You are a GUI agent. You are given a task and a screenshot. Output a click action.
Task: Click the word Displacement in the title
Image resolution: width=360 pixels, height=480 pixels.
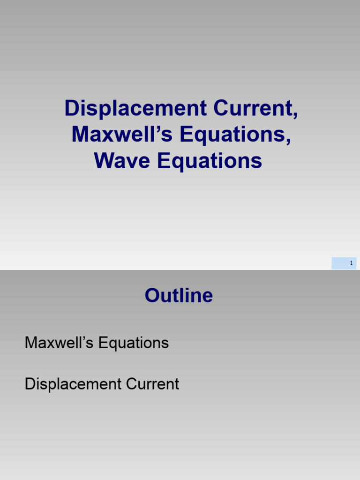point(135,108)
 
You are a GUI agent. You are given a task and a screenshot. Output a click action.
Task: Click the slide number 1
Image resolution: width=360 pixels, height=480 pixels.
point(351,263)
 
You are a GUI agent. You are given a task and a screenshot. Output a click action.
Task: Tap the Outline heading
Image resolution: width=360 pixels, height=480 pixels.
point(179,296)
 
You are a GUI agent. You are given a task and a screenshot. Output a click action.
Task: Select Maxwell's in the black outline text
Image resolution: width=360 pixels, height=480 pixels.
point(59,343)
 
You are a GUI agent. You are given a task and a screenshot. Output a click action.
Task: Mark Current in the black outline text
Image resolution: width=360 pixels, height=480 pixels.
point(152,384)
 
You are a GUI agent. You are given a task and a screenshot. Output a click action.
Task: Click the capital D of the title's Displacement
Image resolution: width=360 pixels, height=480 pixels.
point(71,108)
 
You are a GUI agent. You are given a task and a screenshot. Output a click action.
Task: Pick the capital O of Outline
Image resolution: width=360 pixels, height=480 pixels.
point(152,296)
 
